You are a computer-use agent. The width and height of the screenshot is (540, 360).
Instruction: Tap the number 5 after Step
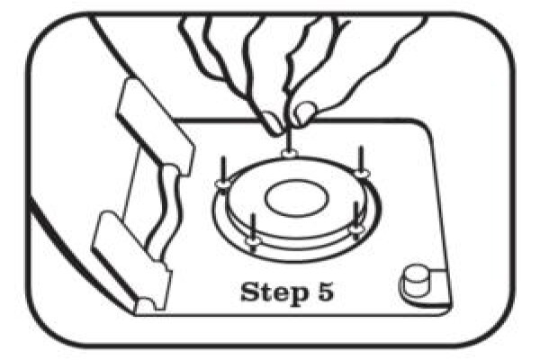click(x=325, y=292)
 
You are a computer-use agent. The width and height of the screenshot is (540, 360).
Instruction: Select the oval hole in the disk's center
click(x=296, y=198)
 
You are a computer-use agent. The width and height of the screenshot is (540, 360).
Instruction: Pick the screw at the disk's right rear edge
click(x=361, y=159)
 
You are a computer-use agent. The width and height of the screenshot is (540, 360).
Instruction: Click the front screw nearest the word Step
click(x=254, y=229)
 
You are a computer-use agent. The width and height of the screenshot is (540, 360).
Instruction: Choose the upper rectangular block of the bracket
click(x=156, y=126)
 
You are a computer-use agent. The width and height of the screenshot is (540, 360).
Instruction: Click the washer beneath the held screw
click(x=289, y=153)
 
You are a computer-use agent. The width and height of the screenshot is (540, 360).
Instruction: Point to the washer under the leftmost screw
click(x=223, y=184)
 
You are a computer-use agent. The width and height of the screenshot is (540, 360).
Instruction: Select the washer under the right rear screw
click(x=361, y=173)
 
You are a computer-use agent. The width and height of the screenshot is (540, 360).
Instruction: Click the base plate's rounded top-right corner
click(x=427, y=127)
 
